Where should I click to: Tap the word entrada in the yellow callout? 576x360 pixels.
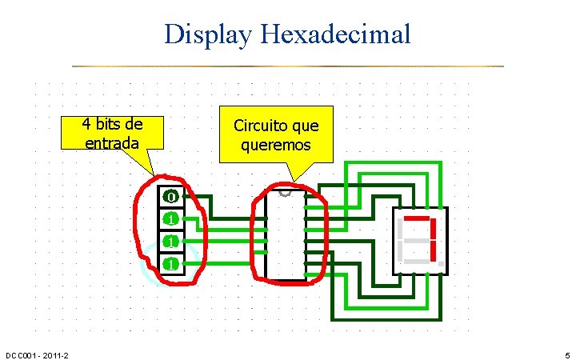tap(113, 142)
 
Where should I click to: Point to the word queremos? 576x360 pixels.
tap(275, 146)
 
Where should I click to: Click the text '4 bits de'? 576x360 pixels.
tap(113, 124)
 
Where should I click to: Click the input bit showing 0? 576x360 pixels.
tap(170, 196)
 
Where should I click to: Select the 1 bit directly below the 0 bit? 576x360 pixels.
tap(170, 218)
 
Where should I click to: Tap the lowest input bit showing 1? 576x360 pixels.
tap(170, 263)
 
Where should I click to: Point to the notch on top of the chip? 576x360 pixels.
tap(286, 193)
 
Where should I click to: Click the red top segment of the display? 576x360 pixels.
tap(418, 218)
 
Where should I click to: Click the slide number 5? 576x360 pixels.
tap(566, 354)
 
